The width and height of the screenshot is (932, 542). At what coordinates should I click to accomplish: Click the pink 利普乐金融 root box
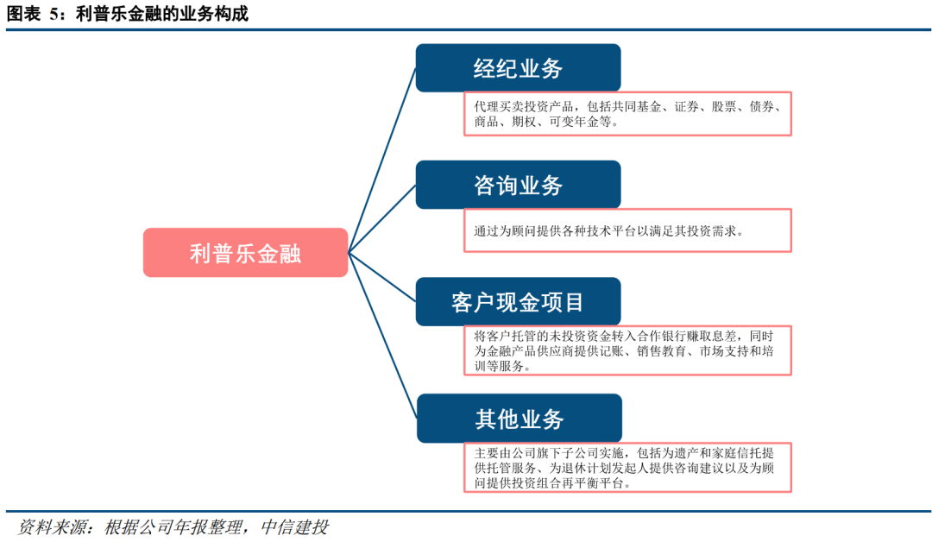(x=245, y=253)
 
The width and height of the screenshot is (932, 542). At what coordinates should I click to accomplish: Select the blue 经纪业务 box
(x=518, y=68)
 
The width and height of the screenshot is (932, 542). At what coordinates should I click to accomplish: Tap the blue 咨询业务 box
(x=518, y=185)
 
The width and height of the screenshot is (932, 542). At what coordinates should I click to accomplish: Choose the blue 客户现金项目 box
(x=518, y=302)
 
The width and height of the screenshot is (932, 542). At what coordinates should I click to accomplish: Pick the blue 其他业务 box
(x=518, y=419)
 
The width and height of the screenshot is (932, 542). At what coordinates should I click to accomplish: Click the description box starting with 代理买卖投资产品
(x=627, y=114)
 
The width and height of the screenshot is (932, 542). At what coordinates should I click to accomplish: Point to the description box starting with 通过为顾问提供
(x=627, y=230)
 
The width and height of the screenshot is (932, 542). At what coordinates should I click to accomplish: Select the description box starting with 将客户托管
(x=627, y=350)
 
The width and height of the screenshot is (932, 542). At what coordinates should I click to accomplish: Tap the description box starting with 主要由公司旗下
(x=627, y=468)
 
